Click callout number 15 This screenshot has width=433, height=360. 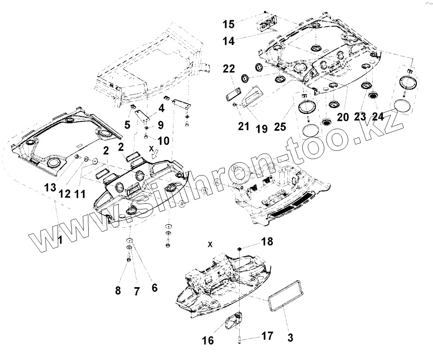(x=228, y=24)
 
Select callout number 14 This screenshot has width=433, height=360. (x=228, y=41)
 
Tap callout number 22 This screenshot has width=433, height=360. (x=229, y=69)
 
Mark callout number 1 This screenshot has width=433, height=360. (x=61, y=239)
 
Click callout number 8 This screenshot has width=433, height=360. (x=117, y=290)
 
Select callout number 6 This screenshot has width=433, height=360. (x=154, y=288)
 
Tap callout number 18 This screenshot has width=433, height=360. (x=267, y=242)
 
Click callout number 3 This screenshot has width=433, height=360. (x=291, y=337)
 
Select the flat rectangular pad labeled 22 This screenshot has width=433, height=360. (x=234, y=94)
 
